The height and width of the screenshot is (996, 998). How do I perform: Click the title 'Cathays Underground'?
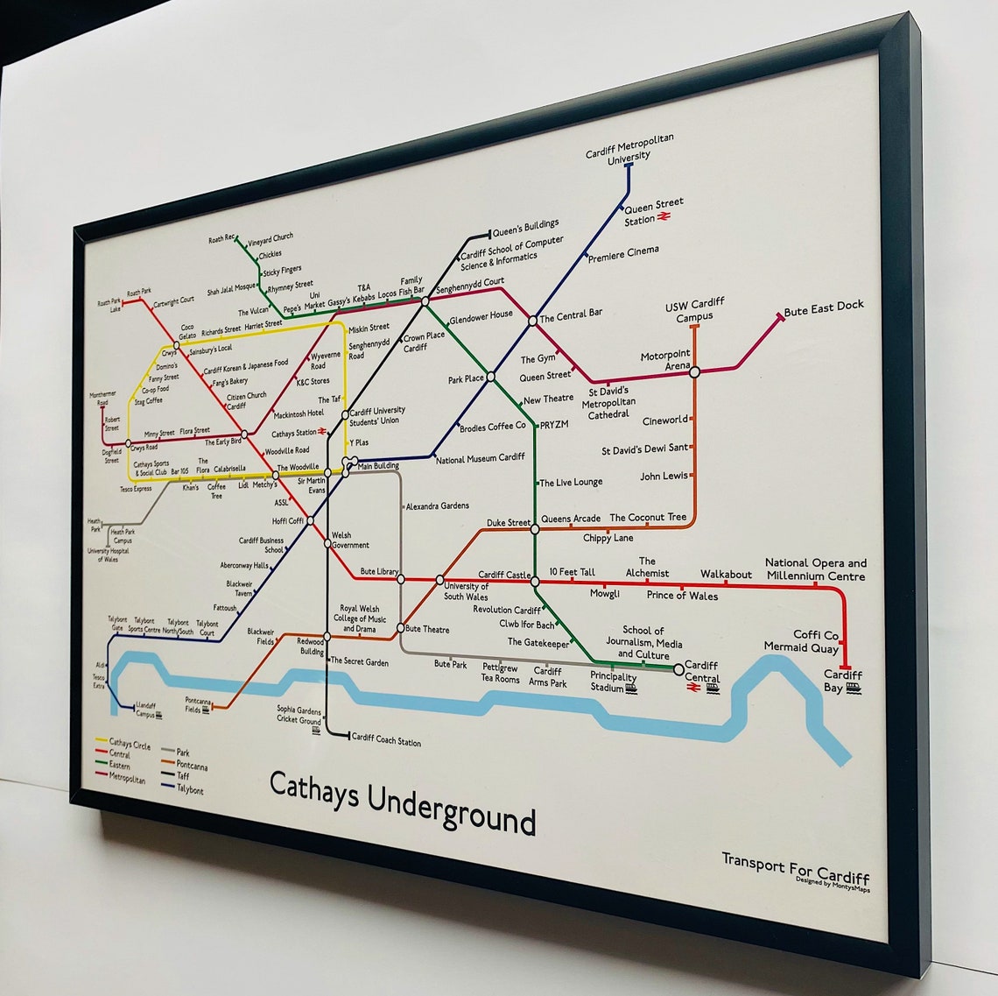(x=402, y=801)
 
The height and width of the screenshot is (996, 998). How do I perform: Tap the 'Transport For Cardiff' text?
(x=795, y=867)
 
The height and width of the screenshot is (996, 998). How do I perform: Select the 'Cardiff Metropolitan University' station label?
(x=629, y=148)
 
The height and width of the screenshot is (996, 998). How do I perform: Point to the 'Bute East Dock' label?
(x=823, y=307)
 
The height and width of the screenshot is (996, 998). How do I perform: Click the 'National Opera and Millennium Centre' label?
(x=815, y=569)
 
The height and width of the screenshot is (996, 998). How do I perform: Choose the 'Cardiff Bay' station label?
(x=842, y=682)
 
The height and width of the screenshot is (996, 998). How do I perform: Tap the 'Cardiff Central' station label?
(x=701, y=671)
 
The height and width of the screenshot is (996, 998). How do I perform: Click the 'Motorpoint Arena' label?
(x=665, y=360)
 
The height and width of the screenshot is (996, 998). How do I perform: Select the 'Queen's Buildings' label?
(x=525, y=229)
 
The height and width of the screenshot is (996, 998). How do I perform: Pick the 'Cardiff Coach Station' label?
(x=385, y=740)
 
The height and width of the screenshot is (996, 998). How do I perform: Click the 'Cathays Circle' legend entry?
(x=129, y=745)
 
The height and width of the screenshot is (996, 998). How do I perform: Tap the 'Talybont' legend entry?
(x=190, y=789)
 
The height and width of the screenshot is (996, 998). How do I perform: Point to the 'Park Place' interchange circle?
(x=490, y=377)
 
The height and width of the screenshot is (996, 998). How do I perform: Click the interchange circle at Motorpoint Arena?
(x=694, y=371)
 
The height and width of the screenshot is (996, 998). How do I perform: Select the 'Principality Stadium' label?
(x=613, y=682)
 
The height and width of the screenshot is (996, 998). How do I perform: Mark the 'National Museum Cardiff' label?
(x=480, y=458)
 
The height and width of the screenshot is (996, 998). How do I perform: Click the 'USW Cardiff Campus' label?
(x=694, y=310)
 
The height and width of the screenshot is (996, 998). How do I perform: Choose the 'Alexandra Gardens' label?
(x=437, y=506)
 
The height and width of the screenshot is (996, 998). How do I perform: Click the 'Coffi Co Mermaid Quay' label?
(x=801, y=640)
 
